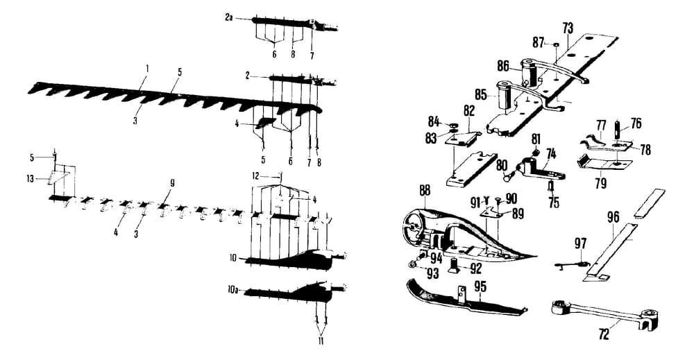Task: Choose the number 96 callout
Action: coord(613,216)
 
